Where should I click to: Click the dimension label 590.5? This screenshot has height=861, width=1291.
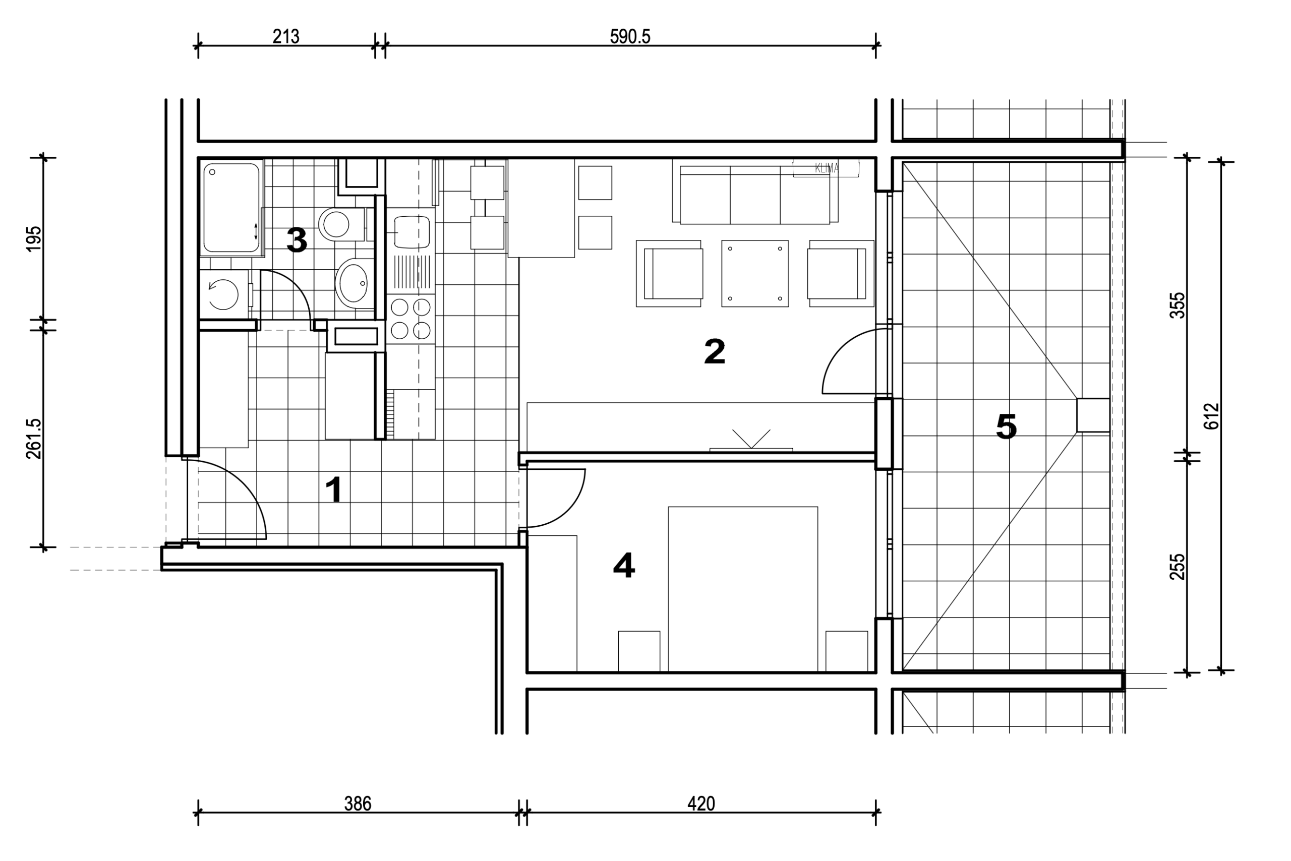tap(629, 36)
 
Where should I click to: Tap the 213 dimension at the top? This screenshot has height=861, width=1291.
tap(285, 36)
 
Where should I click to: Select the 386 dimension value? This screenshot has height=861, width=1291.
tap(358, 804)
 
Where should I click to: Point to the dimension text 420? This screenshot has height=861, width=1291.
tap(701, 804)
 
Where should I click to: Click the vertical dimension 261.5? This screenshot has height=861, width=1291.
tap(33, 439)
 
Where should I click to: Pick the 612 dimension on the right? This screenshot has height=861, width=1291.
tap(1211, 416)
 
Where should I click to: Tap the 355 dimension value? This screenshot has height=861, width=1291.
tap(1178, 305)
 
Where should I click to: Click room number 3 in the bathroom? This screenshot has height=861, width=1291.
tap(297, 240)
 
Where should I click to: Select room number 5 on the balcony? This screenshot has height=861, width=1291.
tap(1006, 427)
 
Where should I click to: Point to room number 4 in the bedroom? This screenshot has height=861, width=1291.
tap(624, 566)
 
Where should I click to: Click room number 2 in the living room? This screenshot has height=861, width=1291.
tap(714, 352)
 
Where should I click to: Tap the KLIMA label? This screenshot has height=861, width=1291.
tap(826, 168)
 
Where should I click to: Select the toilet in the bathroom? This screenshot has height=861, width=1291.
tap(341, 224)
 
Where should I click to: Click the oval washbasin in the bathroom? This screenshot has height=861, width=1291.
tap(354, 283)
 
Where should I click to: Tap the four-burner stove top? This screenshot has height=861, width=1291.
tap(410, 320)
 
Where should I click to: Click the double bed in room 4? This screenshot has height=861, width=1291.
tap(743, 589)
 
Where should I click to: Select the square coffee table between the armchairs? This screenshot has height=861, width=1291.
tap(755, 273)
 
